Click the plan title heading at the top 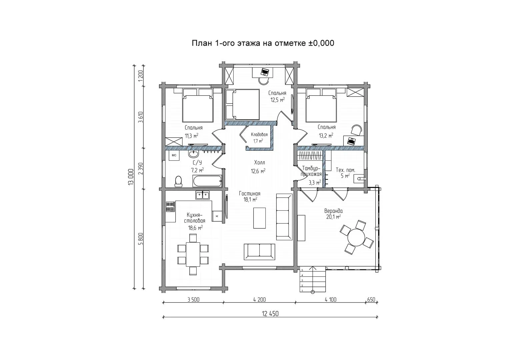point(263,43)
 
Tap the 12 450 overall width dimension point(270,314)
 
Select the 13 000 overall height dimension point(131,177)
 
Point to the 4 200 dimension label point(259,300)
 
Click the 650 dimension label point(371,300)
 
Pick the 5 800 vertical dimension point(141,239)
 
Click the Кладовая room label point(259,135)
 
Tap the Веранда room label point(333,211)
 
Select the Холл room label point(259,163)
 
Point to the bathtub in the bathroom point(207,181)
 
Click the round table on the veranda point(356,237)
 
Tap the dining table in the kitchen point(193,254)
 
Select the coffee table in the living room point(259,218)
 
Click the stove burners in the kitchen point(170,207)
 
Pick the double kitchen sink point(203,195)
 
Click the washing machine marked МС point(174,155)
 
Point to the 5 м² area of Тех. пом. point(345,176)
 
